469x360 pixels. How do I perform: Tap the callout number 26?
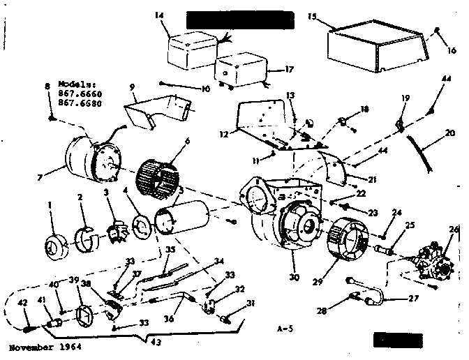(x=454, y=229)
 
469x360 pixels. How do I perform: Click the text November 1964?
(x=41, y=347)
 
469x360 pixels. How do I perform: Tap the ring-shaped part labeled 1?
(x=55, y=247)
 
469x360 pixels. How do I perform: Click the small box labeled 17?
(x=239, y=69)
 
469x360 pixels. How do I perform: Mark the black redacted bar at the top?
(x=241, y=20)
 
